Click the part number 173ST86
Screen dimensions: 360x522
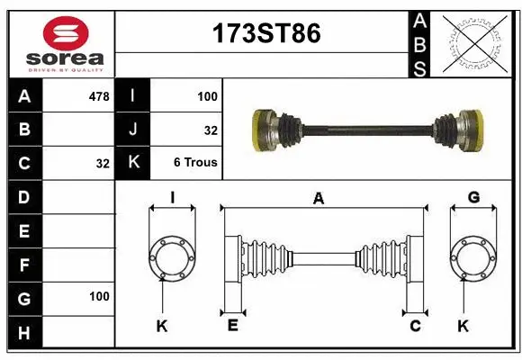click(265, 34)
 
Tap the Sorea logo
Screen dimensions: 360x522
click(60, 42)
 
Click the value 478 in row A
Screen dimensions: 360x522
click(99, 95)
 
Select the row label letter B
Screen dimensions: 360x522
click(23, 130)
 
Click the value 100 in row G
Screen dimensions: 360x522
click(99, 296)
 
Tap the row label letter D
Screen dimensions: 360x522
click(23, 196)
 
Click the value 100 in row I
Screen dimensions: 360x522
click(207, 95)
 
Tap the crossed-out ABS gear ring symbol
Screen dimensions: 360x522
click(473, 42)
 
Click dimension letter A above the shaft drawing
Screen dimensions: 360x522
click(319, 200)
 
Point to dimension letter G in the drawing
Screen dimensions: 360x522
click(473, 198)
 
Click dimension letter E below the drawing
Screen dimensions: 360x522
click(231, 326)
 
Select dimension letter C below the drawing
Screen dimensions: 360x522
click(416, 326)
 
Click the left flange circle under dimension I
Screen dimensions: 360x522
click(171, 256)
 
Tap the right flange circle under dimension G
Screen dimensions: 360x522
click(473, 256)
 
